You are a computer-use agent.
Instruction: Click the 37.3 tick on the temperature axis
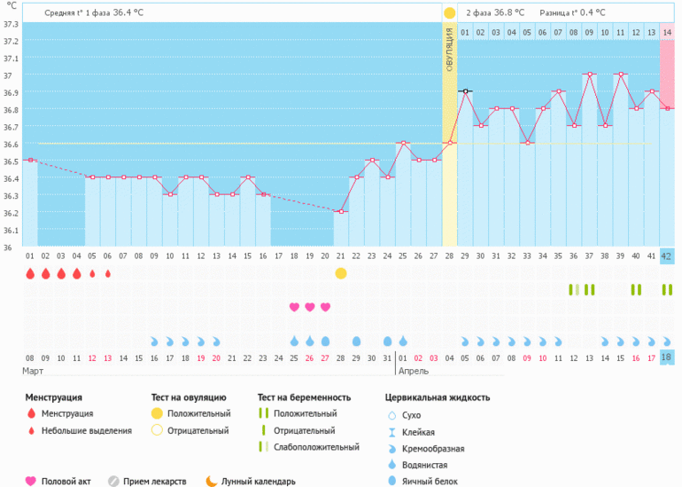click(x=11, y=23)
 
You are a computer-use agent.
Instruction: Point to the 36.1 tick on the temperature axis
click(x=11, y=231)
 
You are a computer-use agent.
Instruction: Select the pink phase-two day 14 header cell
click(x=667, y=33)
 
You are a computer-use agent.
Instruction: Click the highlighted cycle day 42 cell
click(x=667, y=256)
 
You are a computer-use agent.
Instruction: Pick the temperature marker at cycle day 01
click(x=30, y=160)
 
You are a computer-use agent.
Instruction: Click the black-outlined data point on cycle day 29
click(x=465, y=90)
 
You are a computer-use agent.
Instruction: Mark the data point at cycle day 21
click(x=340, y=211)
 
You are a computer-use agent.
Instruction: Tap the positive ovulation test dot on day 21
click(x=341, y=273)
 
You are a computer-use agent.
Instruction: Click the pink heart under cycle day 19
click(x=310, y=307)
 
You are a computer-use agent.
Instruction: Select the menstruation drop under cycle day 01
click(x=30, y=274)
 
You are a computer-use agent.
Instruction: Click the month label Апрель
click(x=413, y=372)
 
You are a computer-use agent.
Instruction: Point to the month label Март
click(x=33, y=372)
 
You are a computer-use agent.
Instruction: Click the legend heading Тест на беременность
click(x=304, y=397)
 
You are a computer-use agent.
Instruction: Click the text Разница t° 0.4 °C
click(x=576, y=13)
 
